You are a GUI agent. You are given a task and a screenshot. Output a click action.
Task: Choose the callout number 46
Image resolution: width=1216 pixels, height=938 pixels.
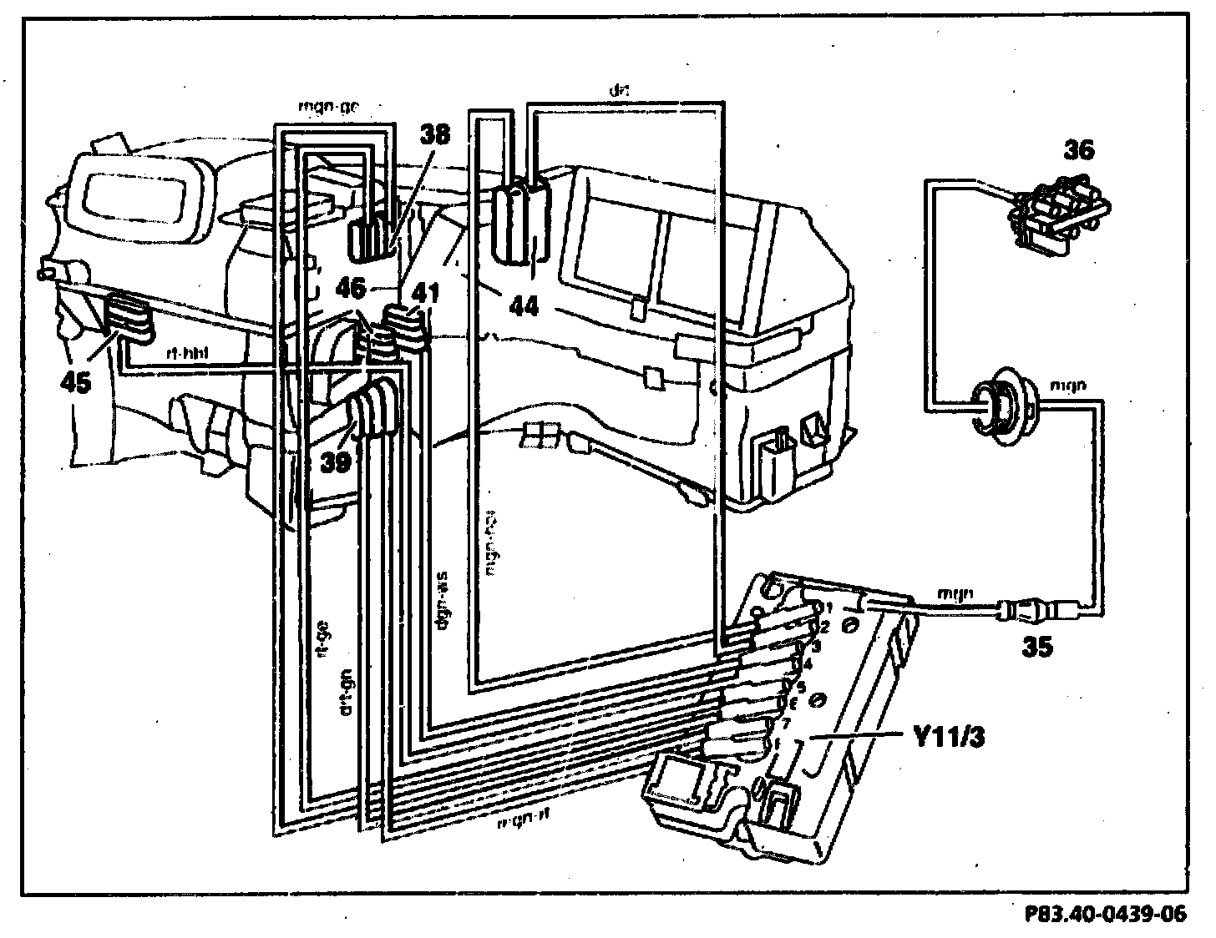click(x=351, y=289)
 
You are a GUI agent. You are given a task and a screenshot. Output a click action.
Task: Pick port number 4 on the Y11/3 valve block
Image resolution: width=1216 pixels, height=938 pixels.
click(x=807, y=664)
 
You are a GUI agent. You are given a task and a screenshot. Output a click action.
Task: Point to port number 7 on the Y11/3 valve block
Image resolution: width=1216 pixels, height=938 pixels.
click(x=784, y=722)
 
